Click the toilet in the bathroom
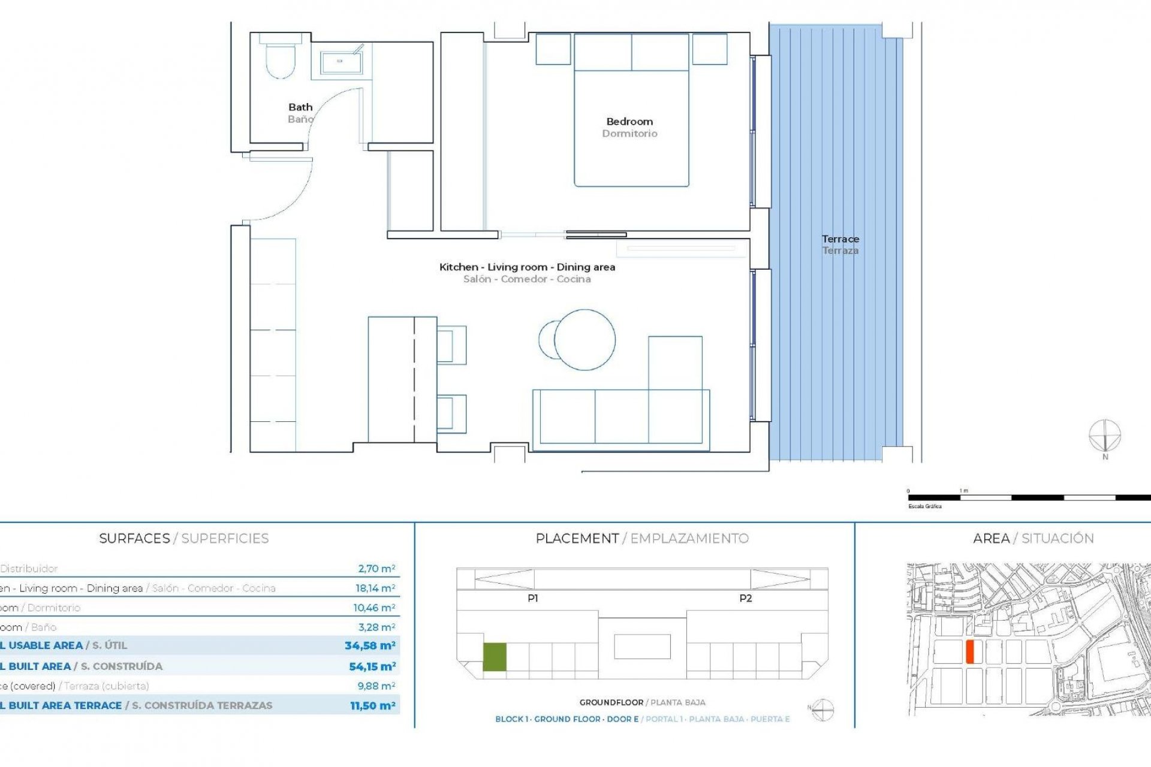click(280, 60)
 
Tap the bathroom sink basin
click(340, 62)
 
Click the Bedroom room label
click(629, 122)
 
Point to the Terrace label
click(840, 239)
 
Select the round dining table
click(584, 339)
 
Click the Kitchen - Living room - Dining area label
click(527, 267)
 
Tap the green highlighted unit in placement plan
click(495, 657)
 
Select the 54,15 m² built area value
click(372, 666)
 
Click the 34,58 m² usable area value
click(369, 645)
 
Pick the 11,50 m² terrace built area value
click(372, 706)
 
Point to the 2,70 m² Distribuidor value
click(376, 569)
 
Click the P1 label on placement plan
click(532, 598)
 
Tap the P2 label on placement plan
click(745, 598)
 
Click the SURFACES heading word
click(134, 538)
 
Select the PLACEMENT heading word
click(577, 538)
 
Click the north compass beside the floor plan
click(1104, 436)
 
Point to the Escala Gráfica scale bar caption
click(924, 506)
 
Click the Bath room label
click(300, 107)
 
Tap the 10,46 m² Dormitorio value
click(373, 608)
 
